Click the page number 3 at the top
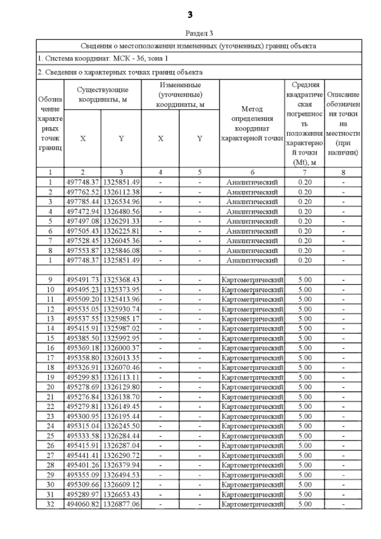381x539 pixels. click(190, 15)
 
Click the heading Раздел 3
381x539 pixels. click(199, 33)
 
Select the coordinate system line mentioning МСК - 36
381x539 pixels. click(103, 58)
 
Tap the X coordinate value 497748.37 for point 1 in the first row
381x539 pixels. click(83, 182)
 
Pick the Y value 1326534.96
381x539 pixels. click(121, 202)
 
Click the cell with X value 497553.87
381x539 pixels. click(83, 251)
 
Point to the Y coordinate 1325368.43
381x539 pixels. click(121, 280)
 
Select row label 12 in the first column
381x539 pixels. click(50, 309)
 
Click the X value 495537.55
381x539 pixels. click(83, 319)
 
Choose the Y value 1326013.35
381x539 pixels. click(121, 358)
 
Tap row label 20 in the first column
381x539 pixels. click(50, 387)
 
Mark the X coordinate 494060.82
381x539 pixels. click(83, 504)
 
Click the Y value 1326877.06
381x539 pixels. click(121, 504)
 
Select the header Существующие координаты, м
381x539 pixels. click(103, 95)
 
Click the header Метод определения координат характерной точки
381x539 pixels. click(252, 124)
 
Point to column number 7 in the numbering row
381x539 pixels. click(304, 172)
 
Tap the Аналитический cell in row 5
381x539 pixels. click(252, 221)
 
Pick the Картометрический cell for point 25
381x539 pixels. click(252, 436)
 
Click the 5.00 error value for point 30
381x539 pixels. click(305, 485)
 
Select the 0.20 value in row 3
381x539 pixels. click(305, 202)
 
